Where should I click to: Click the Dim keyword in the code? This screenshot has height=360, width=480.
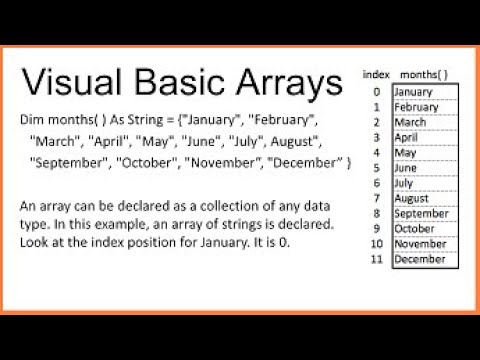[32, 119]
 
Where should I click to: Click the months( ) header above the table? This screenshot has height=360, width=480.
[423, 74]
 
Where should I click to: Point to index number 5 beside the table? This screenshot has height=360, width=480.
[375, 168]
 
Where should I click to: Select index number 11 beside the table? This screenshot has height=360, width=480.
[375, 259]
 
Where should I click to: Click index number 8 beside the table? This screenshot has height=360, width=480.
[375, 213]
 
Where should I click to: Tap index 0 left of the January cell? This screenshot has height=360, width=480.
[375, 92]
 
